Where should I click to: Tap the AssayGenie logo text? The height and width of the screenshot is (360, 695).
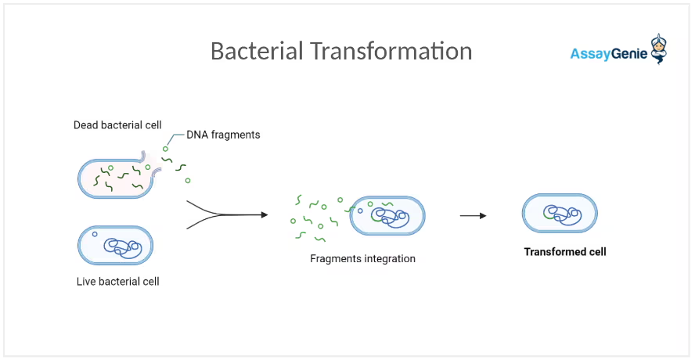[608, 54]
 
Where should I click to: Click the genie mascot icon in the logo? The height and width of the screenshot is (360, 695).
[659, 49]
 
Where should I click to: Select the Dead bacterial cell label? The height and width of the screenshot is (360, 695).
[117, 125]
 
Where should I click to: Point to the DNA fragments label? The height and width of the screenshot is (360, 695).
[223, 135]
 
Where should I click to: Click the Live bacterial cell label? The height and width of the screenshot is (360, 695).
[117, 281]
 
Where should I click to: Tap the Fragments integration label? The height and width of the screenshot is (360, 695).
[362, 258]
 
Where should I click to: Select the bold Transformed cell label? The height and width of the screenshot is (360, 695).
[565, 252]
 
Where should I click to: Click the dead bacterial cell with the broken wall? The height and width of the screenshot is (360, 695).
[115, 178]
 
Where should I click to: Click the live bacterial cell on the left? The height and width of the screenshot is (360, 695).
[115, 246]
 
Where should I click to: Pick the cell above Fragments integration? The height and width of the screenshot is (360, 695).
[387, 216]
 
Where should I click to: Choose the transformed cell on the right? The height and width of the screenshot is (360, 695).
[560, 213]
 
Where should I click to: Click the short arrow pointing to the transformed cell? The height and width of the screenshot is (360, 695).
[473, 215]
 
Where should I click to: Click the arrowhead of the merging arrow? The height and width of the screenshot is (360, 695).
[265, 214]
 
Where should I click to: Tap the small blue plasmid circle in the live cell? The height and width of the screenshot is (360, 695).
[95, 234]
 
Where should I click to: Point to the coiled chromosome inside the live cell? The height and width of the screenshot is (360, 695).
[123, 248]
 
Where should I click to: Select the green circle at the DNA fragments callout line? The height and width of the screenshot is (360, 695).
[165, 149]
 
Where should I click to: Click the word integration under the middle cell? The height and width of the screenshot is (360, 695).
[390, 258]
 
